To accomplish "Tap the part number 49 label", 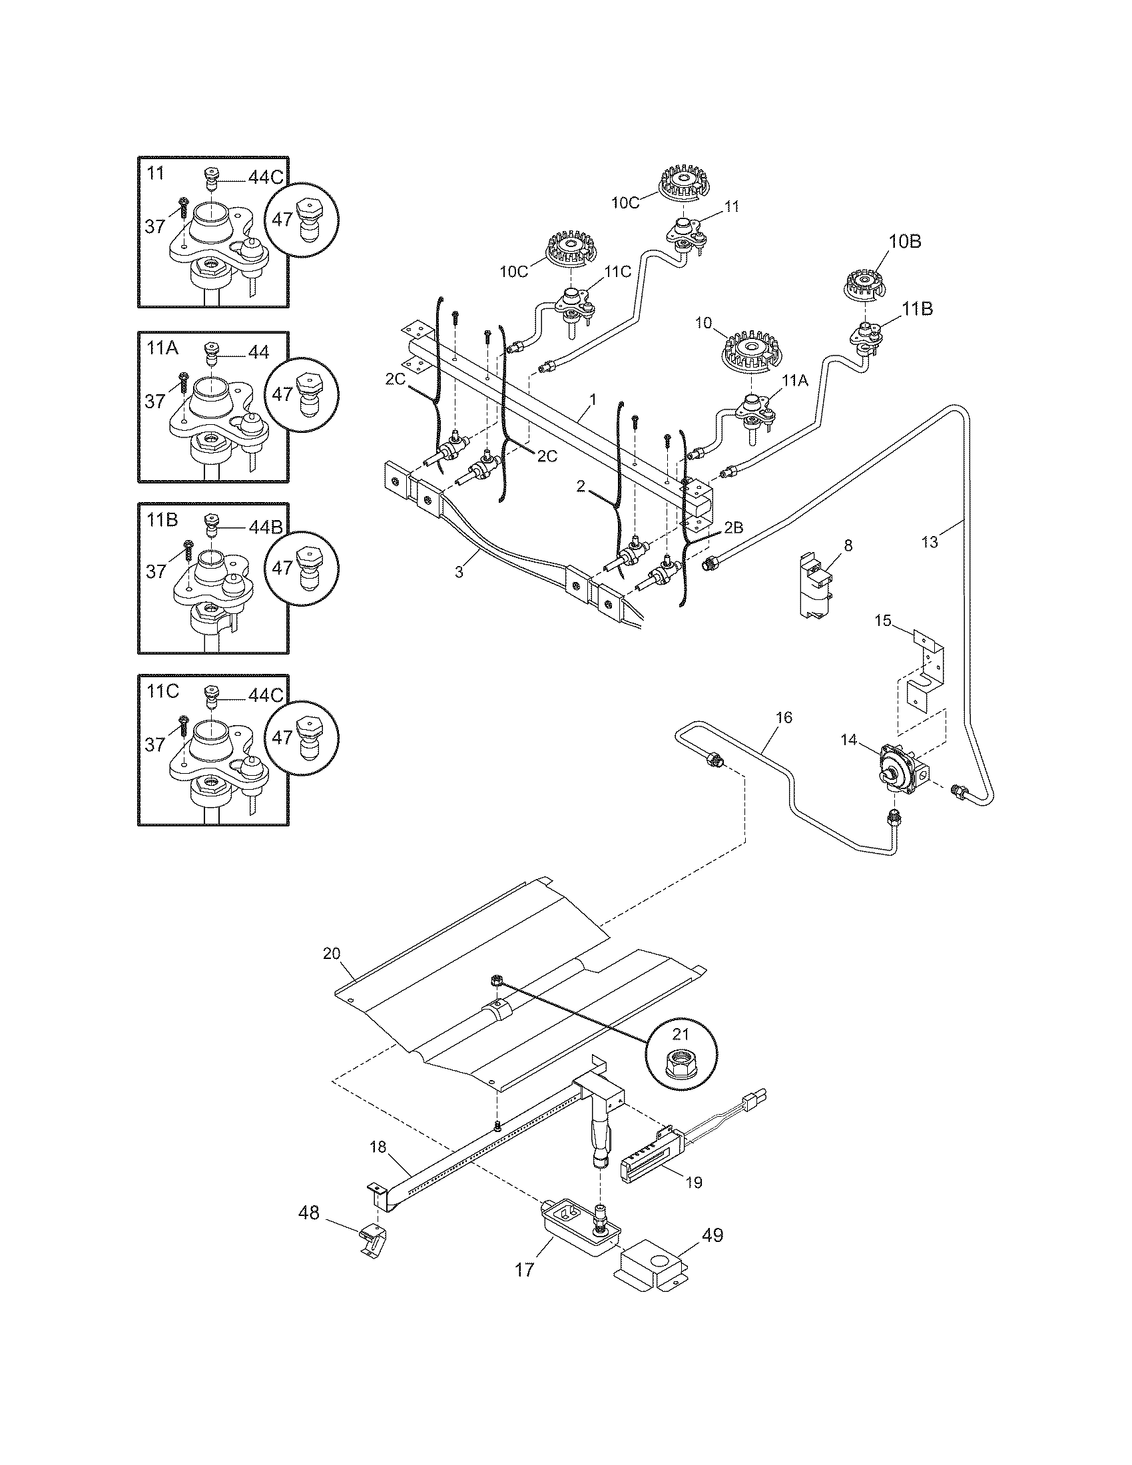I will [712, 1235].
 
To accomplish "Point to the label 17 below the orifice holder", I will [525, 1288].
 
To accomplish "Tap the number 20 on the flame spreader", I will [332, 953].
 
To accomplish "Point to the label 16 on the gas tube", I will [784, 717].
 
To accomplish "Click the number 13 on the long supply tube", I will [930, 542].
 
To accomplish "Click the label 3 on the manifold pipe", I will [459, 572].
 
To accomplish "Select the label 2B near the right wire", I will [734, 527].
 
